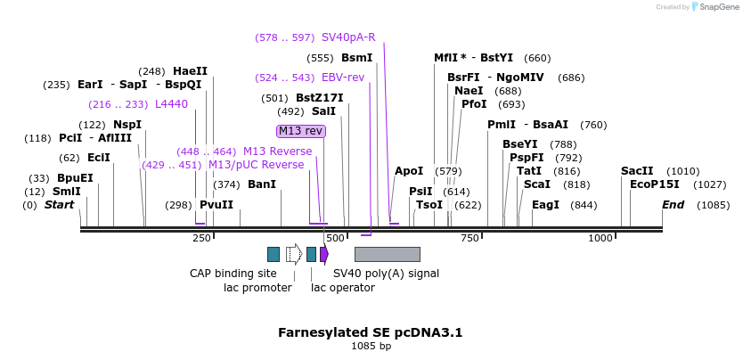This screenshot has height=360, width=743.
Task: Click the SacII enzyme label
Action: [x=636, y=171]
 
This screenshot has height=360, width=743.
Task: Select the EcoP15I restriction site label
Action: [x=654, y=184]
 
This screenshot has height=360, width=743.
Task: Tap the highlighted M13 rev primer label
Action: [x=301, y=131]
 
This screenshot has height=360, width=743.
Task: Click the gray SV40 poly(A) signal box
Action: [x=387, y=254]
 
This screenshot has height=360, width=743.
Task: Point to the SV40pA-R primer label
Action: [x=348, y=37]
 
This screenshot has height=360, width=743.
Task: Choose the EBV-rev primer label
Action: [x=343, y=78]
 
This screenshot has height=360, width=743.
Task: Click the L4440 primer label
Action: [x=172, y=104]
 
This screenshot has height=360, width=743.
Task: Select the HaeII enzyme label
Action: [x=190, y=71]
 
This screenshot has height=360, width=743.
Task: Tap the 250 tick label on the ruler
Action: [x=201, y=238]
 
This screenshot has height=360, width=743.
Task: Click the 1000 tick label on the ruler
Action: [x=600, y=238]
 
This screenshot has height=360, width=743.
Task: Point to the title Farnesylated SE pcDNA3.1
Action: [x=371, y=332]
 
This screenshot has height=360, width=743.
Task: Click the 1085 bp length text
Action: [x=371, y=346]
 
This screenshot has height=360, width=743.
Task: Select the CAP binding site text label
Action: [x=233, y=274]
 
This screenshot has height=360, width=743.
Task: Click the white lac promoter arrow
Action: [x=294, y=254]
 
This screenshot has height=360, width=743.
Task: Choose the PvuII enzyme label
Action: [x=216, y=205]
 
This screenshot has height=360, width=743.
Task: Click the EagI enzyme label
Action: [x=545, y=205]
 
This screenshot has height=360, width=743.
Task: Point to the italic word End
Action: [x=674, y=205]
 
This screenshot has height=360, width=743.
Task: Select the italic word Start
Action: [x=60, y=205]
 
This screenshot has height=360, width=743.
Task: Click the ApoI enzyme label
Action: [x=409, y=171]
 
